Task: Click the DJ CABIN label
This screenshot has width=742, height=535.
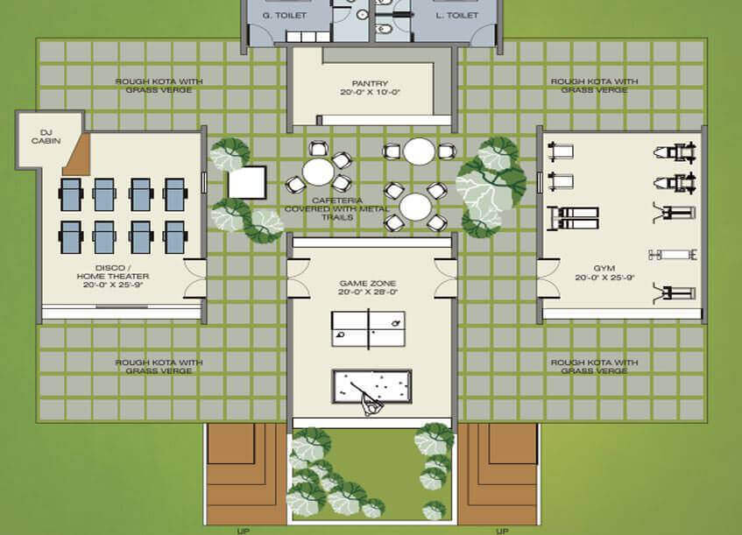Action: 46,137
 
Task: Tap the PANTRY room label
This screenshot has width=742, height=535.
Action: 370,83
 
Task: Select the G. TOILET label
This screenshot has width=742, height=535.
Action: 285,15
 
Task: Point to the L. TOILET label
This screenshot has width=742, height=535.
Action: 456,15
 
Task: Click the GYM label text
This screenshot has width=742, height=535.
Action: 604,268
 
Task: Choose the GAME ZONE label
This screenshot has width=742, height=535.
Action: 368,284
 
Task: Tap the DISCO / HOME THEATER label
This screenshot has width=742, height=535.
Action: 113,272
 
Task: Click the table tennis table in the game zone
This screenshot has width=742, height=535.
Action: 368,328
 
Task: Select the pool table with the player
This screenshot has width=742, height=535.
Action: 372,386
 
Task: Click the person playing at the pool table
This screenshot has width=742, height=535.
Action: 372,405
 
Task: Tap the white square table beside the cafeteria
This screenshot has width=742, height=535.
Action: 247,182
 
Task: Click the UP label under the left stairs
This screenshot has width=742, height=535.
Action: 244,531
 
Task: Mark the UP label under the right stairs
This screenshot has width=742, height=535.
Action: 502,531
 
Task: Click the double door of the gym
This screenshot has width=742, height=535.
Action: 548,278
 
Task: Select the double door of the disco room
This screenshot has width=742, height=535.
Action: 194,278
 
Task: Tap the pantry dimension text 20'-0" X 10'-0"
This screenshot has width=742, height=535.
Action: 370,92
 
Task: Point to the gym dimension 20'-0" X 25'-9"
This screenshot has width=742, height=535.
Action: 604,278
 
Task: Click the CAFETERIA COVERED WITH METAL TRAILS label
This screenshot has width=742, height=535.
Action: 336,208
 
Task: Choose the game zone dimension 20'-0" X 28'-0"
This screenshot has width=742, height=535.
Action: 368,292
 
